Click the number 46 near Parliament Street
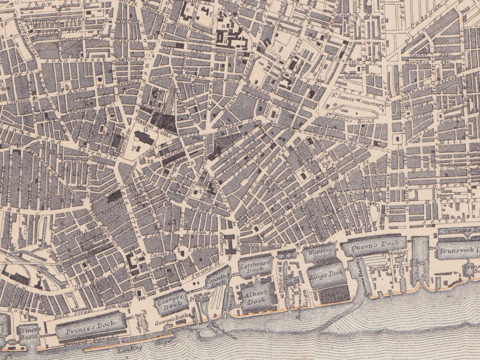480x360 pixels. point(373,204)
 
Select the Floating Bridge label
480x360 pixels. point(146,320)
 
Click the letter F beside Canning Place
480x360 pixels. point(230,258)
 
